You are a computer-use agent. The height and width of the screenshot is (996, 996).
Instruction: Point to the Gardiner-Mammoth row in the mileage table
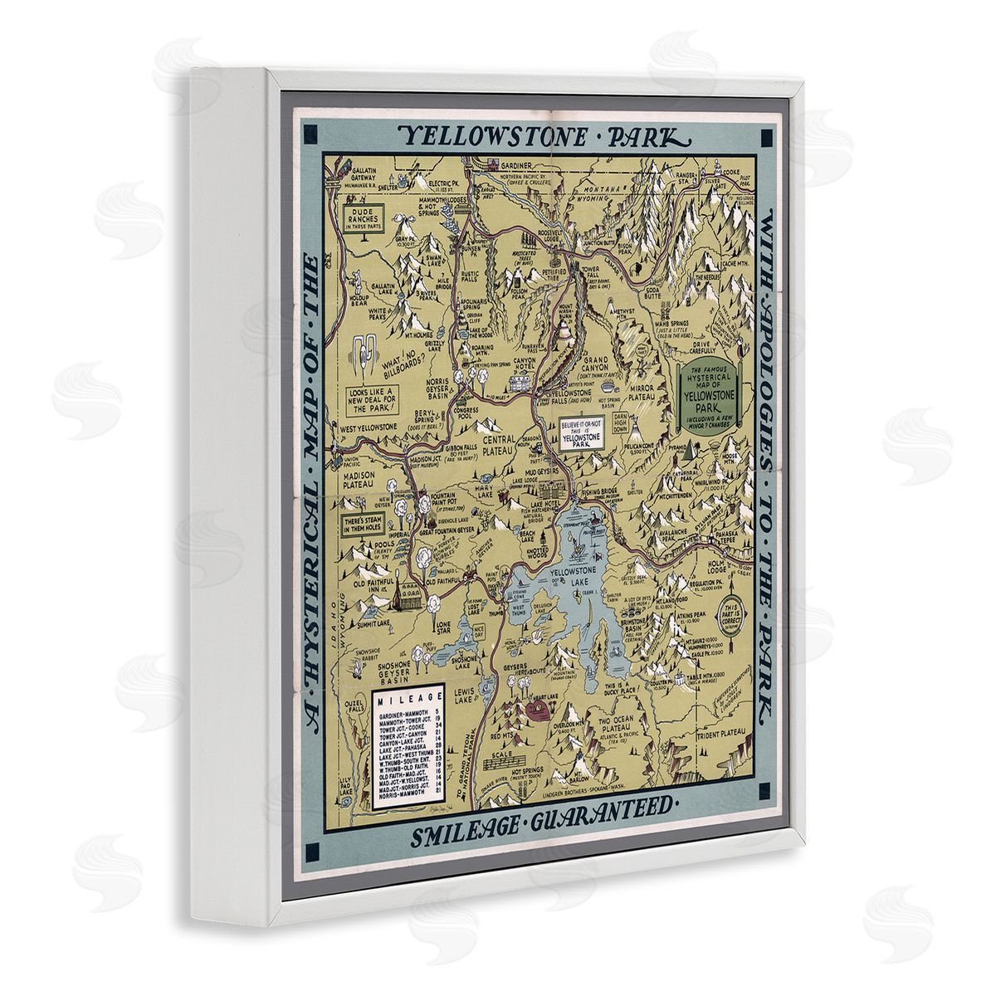click(406, 714)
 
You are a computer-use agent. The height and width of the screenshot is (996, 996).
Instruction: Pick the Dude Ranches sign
click(364, 217)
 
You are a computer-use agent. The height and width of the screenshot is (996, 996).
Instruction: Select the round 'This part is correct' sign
click(734, 613)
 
